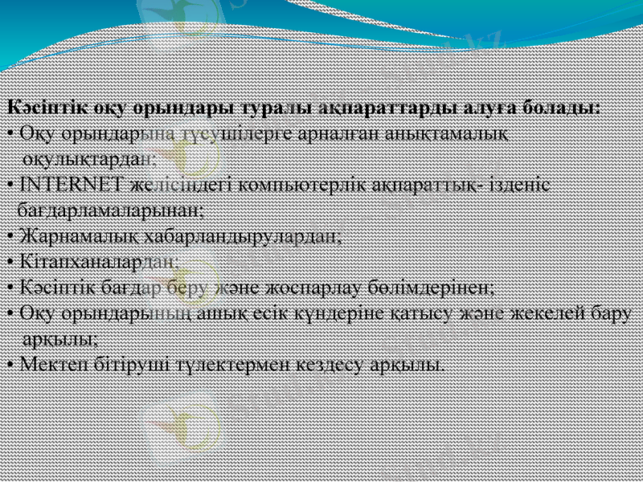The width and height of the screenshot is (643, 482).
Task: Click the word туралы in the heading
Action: (269, 107)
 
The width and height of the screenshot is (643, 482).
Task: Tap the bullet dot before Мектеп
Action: (8, 365)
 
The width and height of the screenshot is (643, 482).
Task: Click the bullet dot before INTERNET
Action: (8, 184)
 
